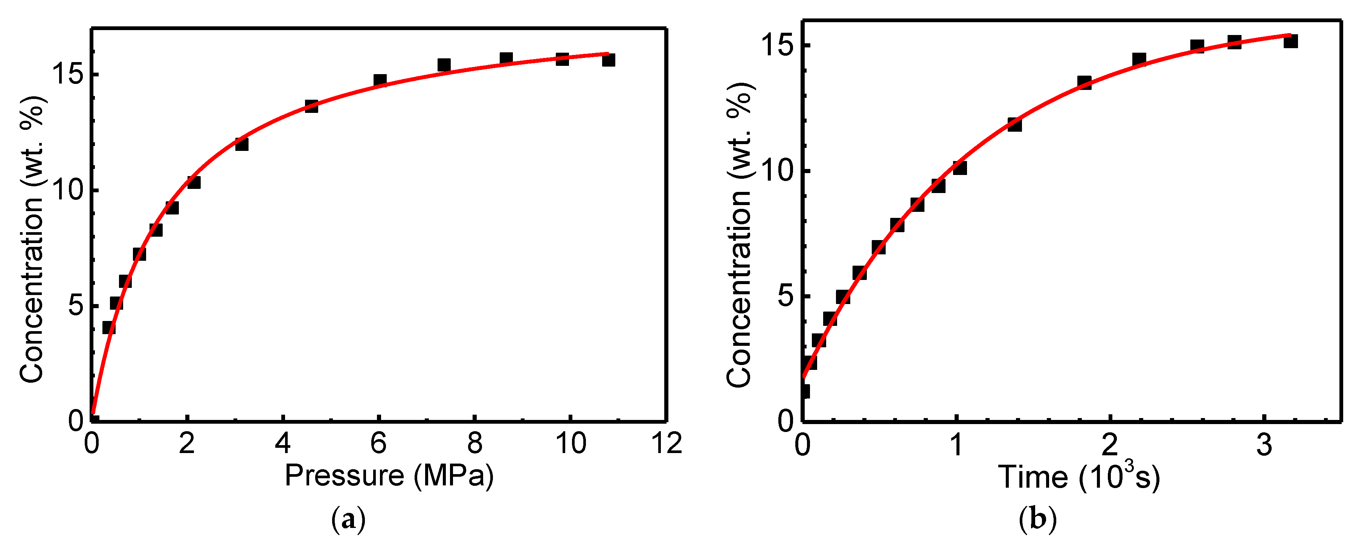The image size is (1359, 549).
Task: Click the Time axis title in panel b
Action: click(1079, 477)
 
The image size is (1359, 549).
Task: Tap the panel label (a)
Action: click(348, 520)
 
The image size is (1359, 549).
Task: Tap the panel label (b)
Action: click(1038, 520)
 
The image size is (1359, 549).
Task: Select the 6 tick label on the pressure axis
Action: click(379, 444)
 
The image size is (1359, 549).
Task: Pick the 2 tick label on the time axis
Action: click(1110, 446)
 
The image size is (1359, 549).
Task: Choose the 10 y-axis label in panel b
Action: click(778, 171)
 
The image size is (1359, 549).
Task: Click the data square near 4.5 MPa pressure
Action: click(311, 106)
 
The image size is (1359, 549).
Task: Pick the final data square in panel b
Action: click(1290, 41)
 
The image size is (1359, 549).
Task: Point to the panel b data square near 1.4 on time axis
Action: click(1014, 125)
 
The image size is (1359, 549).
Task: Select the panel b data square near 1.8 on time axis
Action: click(1084, 82)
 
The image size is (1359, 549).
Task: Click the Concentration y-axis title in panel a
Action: click(32, 240)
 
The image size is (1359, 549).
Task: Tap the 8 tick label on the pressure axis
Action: click(475, 444)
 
